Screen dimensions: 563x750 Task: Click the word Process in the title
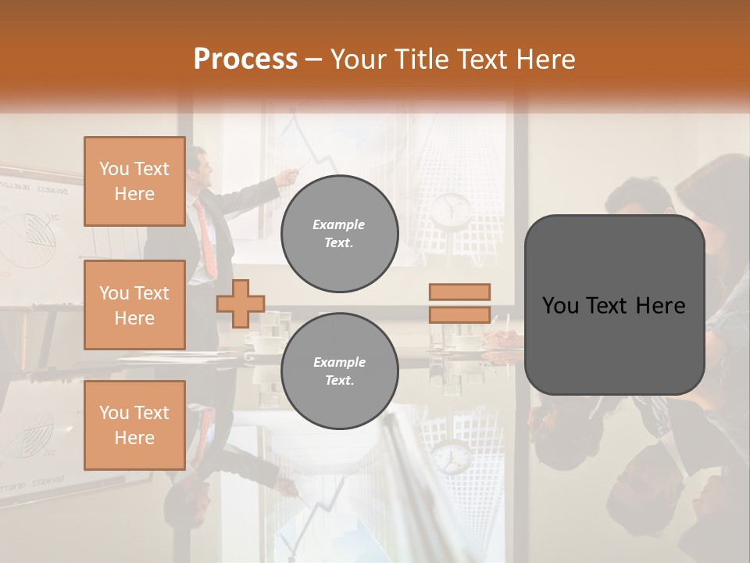click(245, 59)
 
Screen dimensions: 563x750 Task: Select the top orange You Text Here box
click(134, 181)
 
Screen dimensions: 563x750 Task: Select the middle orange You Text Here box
click(134, 305)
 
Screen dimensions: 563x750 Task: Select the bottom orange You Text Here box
click(134, 425)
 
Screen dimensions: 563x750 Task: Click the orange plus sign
click(241, 303)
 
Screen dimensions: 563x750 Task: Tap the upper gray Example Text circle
click(339, 234)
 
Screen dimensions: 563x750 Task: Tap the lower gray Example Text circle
click(339, 371)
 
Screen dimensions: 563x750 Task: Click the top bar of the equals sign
click(459, 292)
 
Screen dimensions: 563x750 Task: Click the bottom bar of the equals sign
click(459, 314)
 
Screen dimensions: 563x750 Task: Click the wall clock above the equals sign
click(452, 209)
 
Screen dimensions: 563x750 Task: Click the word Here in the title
click(542, 59)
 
